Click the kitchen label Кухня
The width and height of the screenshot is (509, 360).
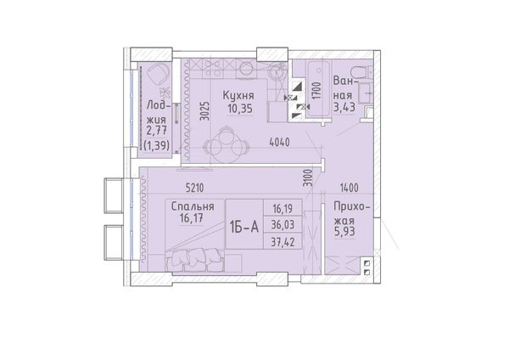(x=238, y=96)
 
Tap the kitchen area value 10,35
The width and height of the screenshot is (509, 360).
(x=240, y=109)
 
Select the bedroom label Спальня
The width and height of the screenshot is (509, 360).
(x=193, y=206)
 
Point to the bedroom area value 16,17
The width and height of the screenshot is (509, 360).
(x=192, y=218)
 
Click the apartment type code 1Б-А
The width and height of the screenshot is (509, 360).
(x=244, y=227)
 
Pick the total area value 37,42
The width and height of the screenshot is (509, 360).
(x=283, y=242)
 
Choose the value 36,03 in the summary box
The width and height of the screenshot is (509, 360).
(x=283, y=224)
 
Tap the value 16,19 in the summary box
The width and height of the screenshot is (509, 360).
(x=283, y=208)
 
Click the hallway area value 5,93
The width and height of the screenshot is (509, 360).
(x=344, y=232)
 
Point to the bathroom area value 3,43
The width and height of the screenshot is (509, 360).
(x=344, y=107)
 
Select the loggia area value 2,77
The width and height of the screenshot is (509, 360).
(x=157, y=131)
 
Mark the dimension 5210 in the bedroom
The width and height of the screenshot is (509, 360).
(x=195, y=188)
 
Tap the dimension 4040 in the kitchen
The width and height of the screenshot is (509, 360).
(x=279, y=142)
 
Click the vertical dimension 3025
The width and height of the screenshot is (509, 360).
(x=204, y=111)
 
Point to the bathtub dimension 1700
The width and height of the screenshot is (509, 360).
(x=316, y=90)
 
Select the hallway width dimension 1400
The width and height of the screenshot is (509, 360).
(x=350, y=188)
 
